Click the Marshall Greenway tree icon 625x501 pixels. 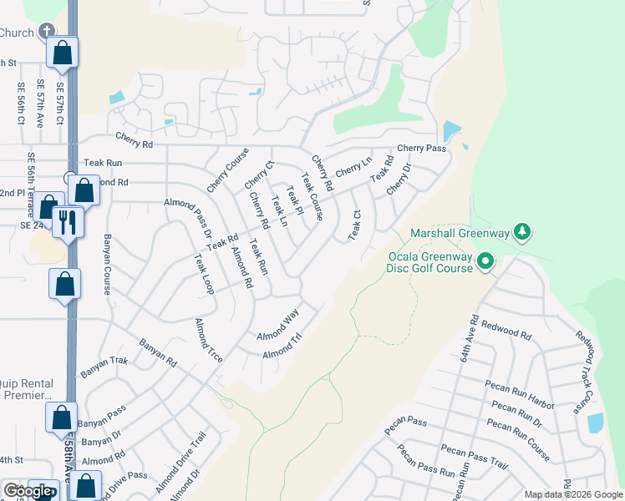[522, 230]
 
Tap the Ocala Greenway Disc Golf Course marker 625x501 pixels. [485, 264]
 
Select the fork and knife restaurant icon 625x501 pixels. [66, 222]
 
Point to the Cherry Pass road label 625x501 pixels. [422, 148]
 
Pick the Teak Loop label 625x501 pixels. [204, 275]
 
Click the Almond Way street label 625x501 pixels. [277, 325]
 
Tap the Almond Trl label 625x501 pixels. [282, 349]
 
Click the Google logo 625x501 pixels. [28, 491]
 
